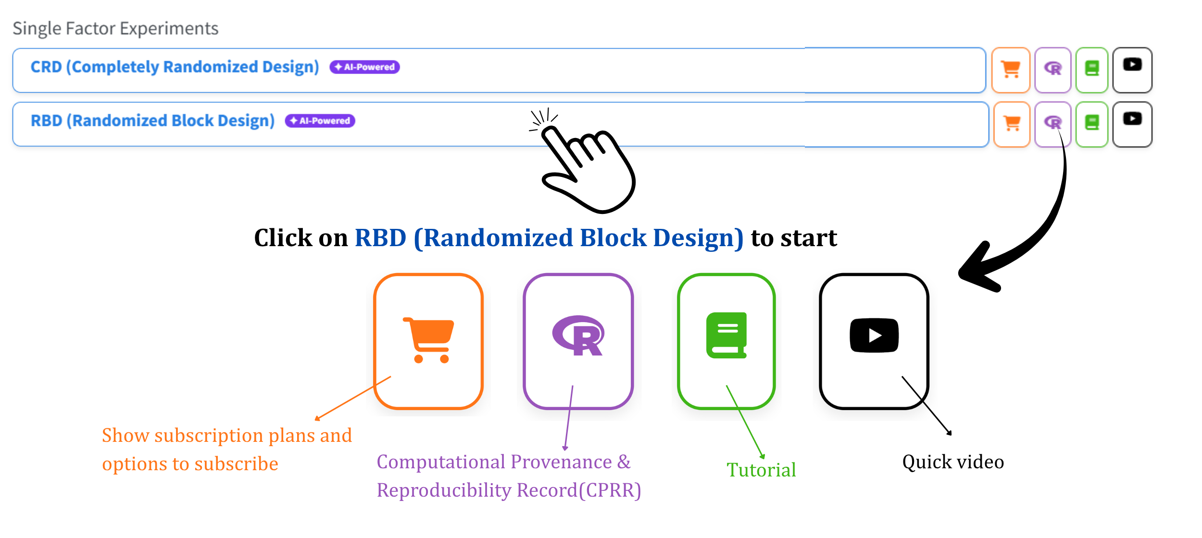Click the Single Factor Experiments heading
point(115,29)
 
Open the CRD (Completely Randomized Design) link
point(175,67)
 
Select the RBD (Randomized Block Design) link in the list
point(153,121)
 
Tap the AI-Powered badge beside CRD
point(364,67)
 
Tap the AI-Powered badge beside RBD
point(320,121)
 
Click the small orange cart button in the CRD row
point(1011,70)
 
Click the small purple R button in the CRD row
point(1053,70)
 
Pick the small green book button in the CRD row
point(1092,70)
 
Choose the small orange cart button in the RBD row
point(1012,125)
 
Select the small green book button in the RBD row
point(1092,125)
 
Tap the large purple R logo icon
point(578,336)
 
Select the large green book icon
point(726,335)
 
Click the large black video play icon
point(874,335)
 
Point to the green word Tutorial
point(761,470)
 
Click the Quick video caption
point(953,462)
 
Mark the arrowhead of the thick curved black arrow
point(976,269)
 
